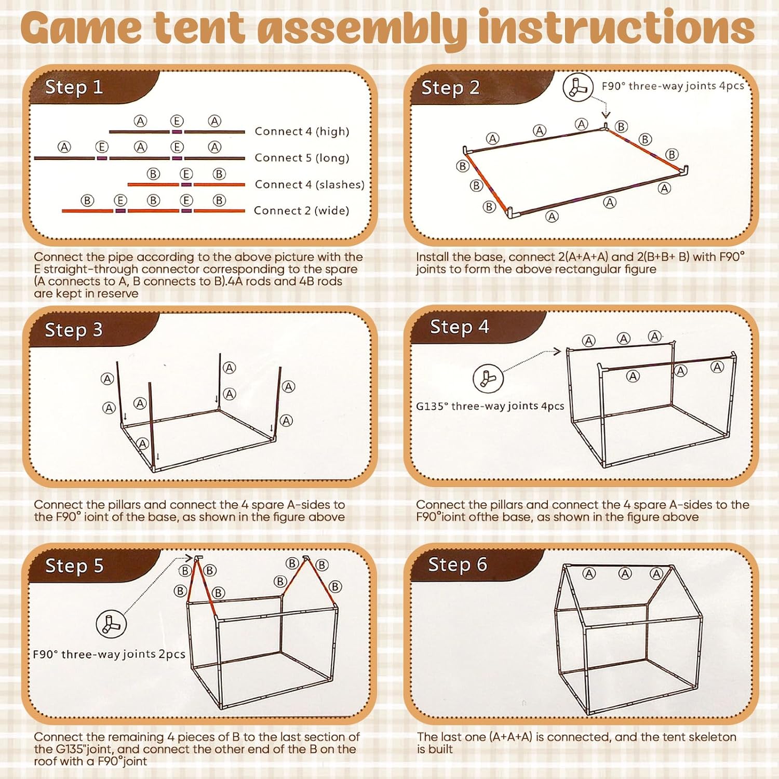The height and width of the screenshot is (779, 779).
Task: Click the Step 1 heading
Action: pos(74,87)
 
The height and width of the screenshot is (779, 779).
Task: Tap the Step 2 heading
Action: pos(450,88)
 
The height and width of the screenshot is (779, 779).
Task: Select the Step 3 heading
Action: pos(74,330)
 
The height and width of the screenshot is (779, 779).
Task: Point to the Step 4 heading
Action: pos(460,327)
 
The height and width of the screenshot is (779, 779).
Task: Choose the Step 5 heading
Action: pos(74,566)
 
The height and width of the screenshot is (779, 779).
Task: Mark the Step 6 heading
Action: pos(458,564)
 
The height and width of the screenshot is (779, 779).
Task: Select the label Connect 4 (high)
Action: pos(302,131)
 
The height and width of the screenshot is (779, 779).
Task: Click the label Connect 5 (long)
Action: pos(302,158)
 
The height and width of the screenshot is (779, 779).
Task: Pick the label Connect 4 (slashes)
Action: pos(310,184)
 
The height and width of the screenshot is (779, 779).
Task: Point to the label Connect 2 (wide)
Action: pos(301,210)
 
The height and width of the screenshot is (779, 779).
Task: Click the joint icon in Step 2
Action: pos(578,87)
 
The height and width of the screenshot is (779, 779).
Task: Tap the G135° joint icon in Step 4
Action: pos(488,378)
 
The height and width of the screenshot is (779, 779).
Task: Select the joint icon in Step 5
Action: pos(111,624)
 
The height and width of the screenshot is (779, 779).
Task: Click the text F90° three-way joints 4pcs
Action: pos(673,86)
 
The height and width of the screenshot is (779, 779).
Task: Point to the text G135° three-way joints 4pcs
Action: pos(490,406)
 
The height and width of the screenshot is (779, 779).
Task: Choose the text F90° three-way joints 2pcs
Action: pos(109,654)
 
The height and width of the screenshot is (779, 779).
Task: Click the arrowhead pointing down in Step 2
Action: pos(606,115)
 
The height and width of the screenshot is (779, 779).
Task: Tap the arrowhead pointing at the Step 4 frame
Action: pos(558,352)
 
